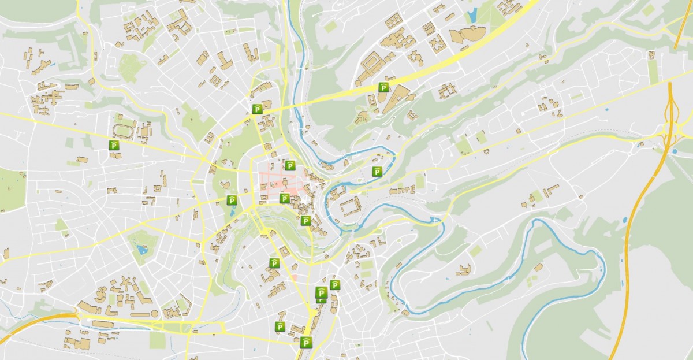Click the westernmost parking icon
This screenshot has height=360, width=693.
[x=114, y=146]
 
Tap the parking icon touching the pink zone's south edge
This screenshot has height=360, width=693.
[x=284, y=199]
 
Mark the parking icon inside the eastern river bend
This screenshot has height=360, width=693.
[x=377, y=171]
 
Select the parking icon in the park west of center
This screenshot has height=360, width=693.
[x=232, y=201]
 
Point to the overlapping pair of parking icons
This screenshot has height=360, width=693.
[x=321, y=295]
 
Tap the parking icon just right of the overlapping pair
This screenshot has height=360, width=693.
[x=335, y=285]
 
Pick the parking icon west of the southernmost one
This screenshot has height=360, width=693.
[x=280, y=327]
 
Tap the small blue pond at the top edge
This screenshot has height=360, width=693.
[x=471, y=14]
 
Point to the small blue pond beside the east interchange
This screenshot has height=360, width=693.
[x=674, y=151]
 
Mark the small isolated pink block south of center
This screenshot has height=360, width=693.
[x=294, y=277]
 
